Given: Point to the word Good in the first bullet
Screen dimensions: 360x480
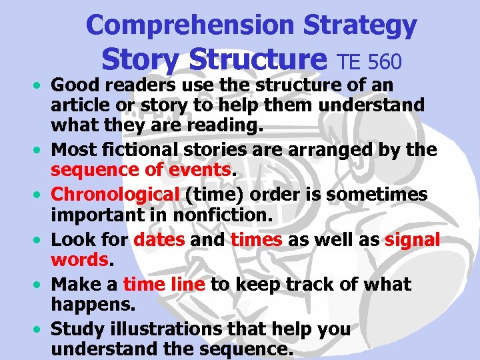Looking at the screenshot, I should (x=73, y=85).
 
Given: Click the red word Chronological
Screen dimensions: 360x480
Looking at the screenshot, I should (x=115, y=194).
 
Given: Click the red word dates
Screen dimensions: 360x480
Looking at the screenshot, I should (x=159, y=239).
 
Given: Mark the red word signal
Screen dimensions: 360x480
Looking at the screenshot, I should (x=412, y=239).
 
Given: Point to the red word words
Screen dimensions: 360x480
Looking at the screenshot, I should (x=79, y=259).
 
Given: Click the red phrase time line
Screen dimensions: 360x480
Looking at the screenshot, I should (x=164, y=284).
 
